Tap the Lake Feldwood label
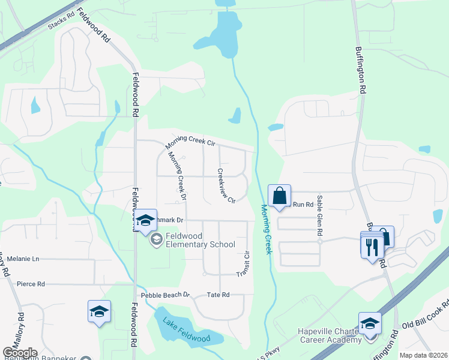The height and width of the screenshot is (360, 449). click(186, 330)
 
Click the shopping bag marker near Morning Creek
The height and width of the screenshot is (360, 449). click(279, 196)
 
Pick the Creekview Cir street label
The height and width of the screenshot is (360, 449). click(226, 185)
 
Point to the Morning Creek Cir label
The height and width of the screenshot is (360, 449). click(190, 143)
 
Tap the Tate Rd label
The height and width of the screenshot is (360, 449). click(218, 295)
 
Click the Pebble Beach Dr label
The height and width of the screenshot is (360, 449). click(165, 295)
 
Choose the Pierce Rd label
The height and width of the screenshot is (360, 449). click(31, 284)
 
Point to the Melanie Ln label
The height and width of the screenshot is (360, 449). click(23, 259)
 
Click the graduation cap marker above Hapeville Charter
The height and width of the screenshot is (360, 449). click(370, 322)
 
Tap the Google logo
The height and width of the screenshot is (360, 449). click(19, 353)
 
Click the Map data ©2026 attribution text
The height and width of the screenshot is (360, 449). click(423, 355)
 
